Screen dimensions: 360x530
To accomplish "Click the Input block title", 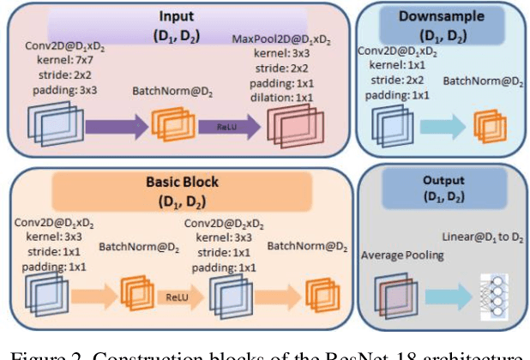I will click(x=177, y=16).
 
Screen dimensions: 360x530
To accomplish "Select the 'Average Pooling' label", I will click(x=401, y=255).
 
